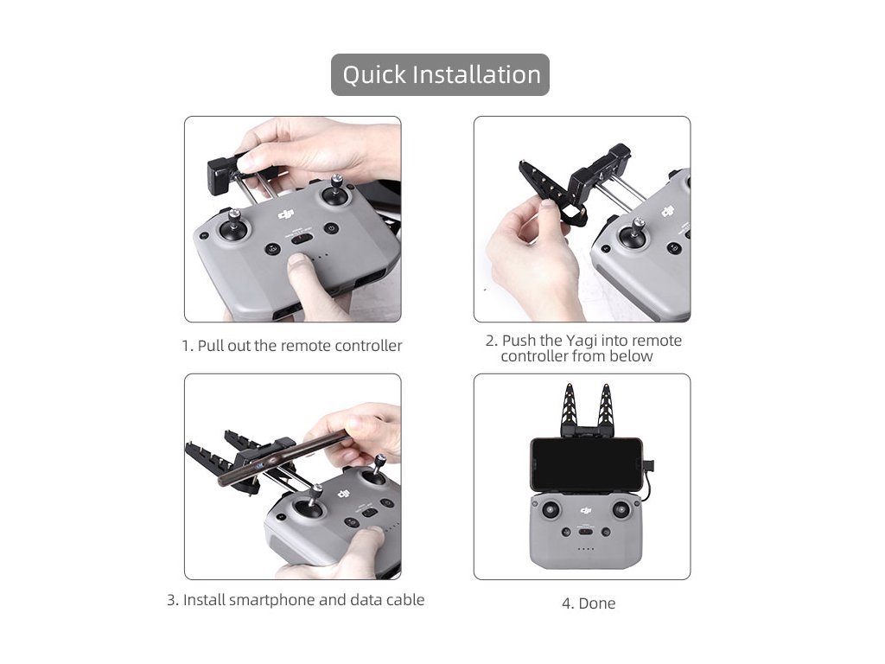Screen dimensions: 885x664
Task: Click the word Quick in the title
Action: [x=374, y=75]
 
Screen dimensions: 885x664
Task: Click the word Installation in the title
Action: [x=477, y=74]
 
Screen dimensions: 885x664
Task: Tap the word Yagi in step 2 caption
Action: [x=582, y=341]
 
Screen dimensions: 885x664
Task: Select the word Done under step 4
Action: [x=596, y=603]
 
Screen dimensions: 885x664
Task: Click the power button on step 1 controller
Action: [x=331, y=229]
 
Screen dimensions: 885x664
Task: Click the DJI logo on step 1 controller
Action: [x=286, y=214]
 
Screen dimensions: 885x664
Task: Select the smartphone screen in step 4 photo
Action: [x=587, y=463]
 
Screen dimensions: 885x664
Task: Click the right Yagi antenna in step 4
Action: [x=604, y=409]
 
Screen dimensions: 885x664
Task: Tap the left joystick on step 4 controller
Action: [x=551, y=510]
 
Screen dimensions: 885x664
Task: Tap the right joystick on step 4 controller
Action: [x=621, y=510]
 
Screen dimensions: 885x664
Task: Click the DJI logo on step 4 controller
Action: [x=586, y=511]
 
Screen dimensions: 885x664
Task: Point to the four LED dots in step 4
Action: [x=586, y=549]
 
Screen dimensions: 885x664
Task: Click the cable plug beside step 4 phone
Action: [x=650, y=467]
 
